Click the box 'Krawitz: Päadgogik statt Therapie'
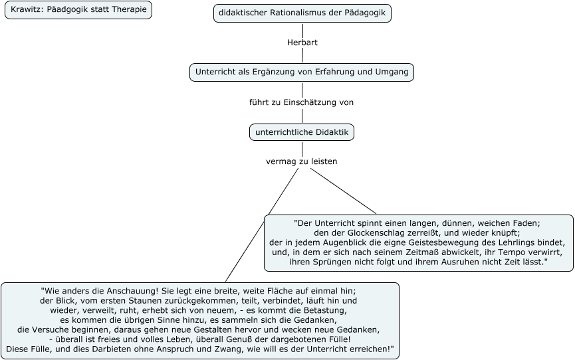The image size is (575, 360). tap(78, 10)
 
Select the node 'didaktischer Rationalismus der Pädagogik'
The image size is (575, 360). tap(302, 13)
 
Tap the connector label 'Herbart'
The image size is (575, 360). tap(302, 43)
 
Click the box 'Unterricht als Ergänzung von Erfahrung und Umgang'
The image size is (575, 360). tap(302, 72)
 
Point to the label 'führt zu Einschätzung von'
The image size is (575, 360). tap(301, 102)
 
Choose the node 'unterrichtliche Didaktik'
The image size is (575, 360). tap(302, 132)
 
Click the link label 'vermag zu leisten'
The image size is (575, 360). tap(301, 161)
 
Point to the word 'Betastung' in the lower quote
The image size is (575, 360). tap(326, 310)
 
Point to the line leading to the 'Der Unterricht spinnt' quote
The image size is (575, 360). tap(344, 191)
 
